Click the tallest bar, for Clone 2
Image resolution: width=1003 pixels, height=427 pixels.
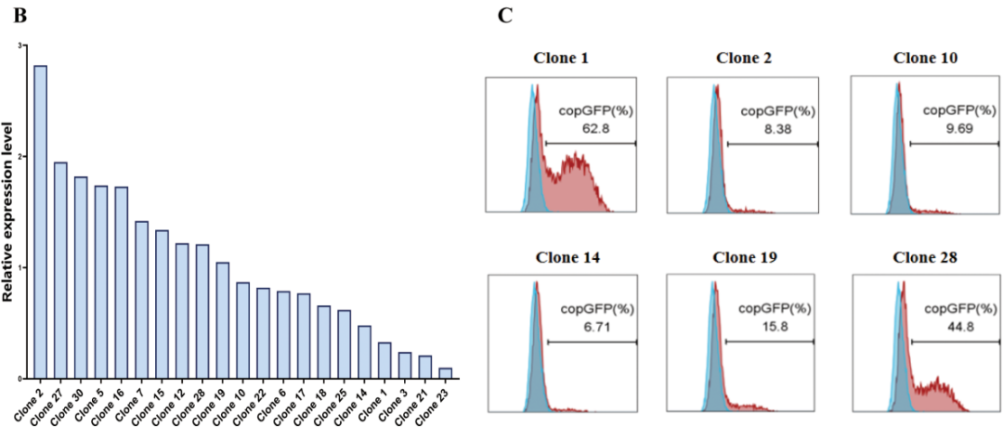[x=40, y=223]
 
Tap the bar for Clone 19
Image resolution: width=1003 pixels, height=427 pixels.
[x=223, y=321]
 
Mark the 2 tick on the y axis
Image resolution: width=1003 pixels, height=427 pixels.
[x=20, y=157]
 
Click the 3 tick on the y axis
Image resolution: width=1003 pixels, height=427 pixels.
[x=20, y=45]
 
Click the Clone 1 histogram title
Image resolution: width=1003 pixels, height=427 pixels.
[x=560, y=58]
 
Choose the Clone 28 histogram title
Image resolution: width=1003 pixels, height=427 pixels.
[x=926, y=257]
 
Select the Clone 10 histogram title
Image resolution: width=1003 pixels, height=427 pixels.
[x=926, y=58]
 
